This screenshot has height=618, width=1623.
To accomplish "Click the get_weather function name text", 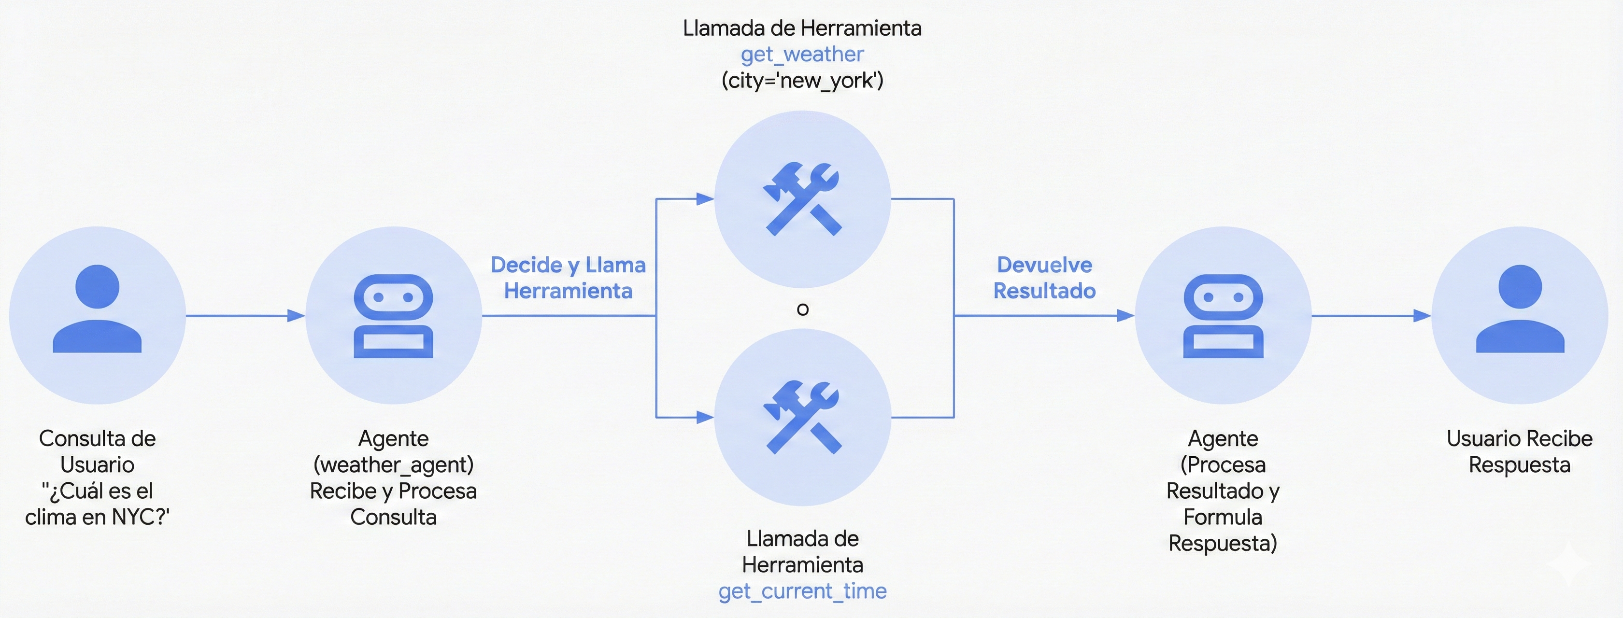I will coord(801,55).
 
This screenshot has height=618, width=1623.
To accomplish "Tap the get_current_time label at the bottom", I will coord(802,591).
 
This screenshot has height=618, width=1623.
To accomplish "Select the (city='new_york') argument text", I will coord(802,81).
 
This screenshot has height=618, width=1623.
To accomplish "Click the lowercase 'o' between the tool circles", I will coord(802,309).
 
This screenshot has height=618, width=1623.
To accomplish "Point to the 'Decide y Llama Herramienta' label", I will coord(568,278).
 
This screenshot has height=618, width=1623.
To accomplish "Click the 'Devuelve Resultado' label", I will coord(1044,278).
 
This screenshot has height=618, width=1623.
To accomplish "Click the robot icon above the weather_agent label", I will coord(393,316).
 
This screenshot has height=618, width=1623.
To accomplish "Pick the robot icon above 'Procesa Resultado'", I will coord(1223,316).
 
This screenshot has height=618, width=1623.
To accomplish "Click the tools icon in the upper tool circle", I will coord(802,199).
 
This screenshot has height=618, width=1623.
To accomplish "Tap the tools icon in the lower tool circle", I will coord(802,417).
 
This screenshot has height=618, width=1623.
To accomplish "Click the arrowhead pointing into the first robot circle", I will coord(296,316).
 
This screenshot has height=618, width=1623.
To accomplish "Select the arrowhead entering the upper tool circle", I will coord(704,199).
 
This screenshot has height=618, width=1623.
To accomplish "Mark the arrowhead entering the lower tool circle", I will coord(704,417).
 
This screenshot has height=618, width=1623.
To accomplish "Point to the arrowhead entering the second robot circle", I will coord(1125,316).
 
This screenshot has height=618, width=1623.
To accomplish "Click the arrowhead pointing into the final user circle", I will coord(1422,316).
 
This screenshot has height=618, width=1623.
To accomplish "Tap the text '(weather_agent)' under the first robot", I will coord(393,465).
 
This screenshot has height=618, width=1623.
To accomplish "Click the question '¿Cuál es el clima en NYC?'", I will coord(97,504).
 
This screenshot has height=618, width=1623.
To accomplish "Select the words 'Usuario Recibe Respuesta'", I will coord(1519,452).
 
